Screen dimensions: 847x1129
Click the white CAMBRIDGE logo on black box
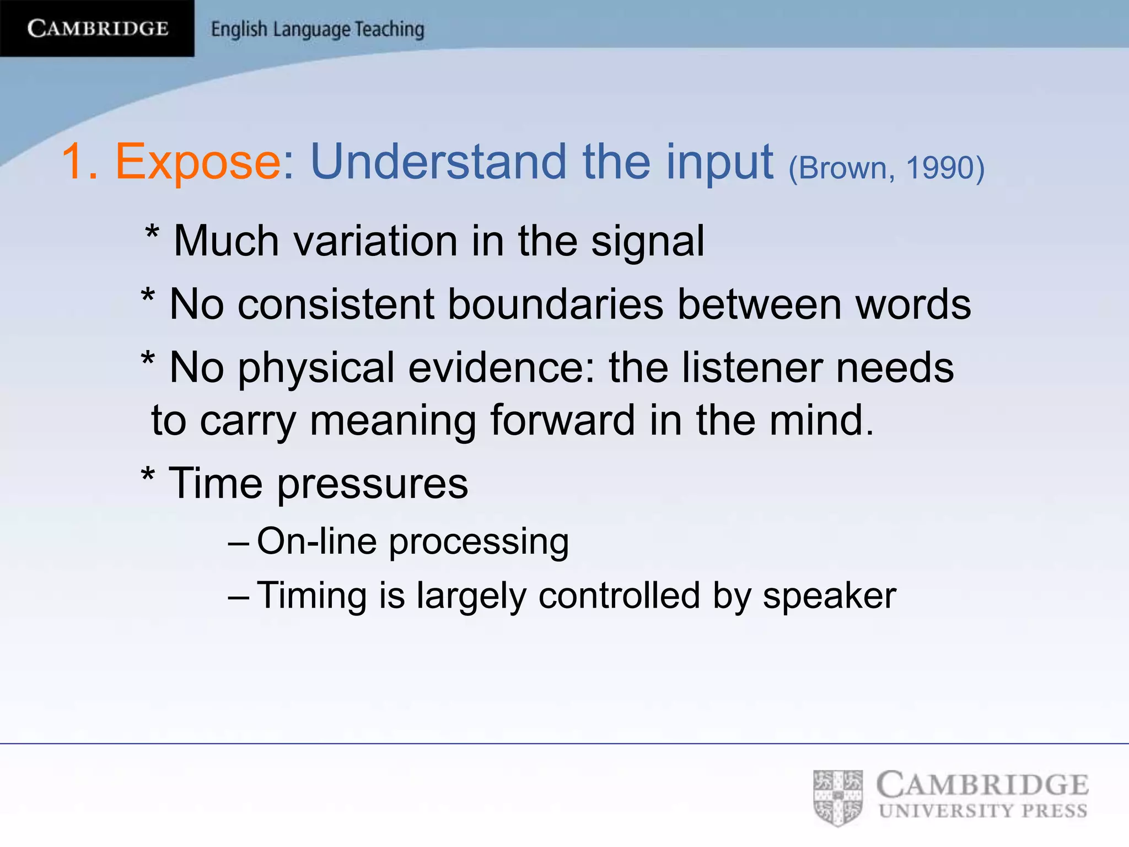click(x=98, y=28)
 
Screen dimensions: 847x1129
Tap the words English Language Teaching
click(x=318, y=29)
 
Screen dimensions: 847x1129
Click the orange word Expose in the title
click(x=198, y=162)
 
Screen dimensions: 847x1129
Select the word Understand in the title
click(x=439, y=162)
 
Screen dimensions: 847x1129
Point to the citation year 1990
click(x=944, y=168)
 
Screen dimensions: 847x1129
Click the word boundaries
click(x=555, y=304)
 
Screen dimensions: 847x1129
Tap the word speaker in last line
click(x=829, y=597)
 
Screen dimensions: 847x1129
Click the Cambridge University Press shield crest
click(x=838, y=798)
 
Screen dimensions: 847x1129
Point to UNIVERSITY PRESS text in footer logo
click(x=983, y=811)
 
